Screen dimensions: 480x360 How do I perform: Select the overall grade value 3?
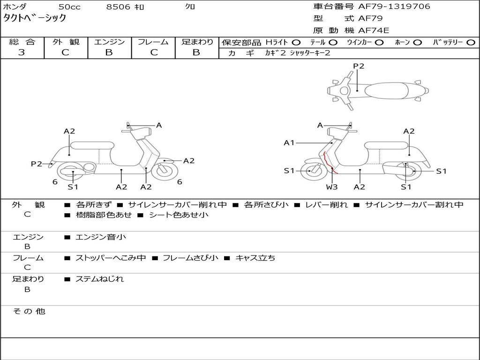[22, 52]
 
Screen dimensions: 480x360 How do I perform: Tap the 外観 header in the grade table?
[66, 42]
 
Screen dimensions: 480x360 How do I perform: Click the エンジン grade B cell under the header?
[109, 52]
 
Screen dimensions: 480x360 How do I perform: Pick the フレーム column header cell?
[153, 42]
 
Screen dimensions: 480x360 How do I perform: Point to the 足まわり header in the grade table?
[197, 42]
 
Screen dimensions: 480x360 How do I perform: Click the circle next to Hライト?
[296, 43]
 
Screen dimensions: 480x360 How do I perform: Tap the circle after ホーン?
[417, 43]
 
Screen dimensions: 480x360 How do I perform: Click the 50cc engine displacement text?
[69, 7]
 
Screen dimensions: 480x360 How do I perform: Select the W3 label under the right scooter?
[332, 187]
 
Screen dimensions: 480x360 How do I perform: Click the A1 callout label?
[289, 142]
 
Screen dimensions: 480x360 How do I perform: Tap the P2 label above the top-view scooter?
[358, 66]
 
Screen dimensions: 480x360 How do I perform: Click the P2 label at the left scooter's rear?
[37, 164]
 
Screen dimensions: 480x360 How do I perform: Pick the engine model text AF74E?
[374, 30]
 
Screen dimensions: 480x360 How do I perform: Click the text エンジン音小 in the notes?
[101, 237]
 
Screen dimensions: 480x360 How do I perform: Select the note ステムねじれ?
[99, 279]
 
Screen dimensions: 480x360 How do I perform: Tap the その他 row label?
[29, 311]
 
